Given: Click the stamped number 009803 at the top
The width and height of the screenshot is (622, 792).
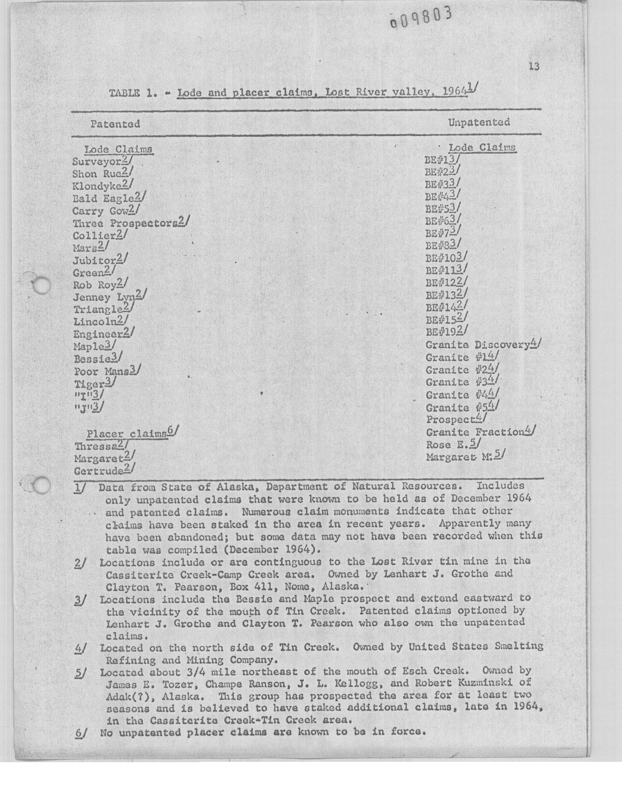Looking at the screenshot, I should (421, 18).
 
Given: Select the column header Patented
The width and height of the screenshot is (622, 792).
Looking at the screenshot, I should (115, 124).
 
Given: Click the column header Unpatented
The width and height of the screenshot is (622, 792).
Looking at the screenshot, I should (478, 122).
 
